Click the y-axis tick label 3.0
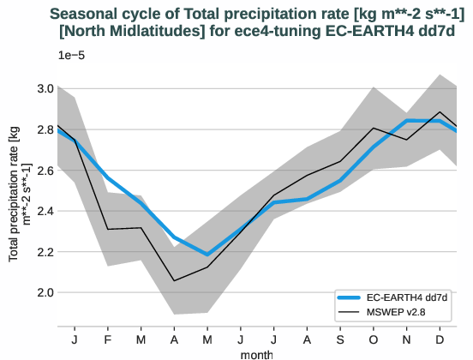click(x=45, y=89)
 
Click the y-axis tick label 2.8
click(x=45, y=129)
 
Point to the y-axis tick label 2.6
click(x=45, y=171)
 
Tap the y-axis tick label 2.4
click(x=45, y=211)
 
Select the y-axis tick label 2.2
click(x=45, y=252)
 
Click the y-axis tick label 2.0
click(x=45, y=292)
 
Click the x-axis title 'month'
click(x=256, y=353)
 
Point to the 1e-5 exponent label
click(x=72, y=56)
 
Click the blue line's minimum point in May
click(x=207, y=255)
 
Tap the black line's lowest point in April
click(x=175, y=280)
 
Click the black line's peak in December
click(x=440, y=112)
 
